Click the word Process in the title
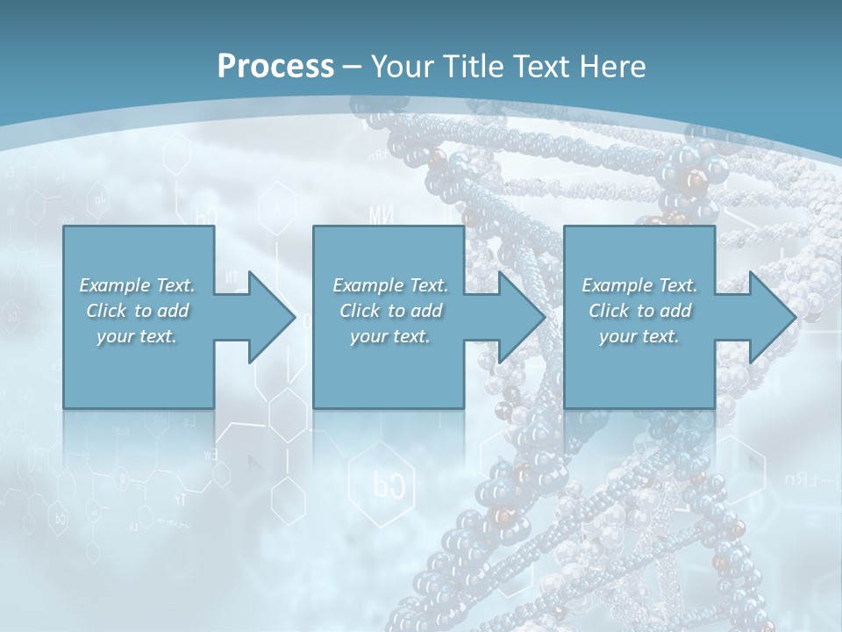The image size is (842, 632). click(275, 67)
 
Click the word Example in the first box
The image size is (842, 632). click(115, 285)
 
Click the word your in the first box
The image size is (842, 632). click(114, 337)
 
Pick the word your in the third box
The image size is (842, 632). click(617, 337)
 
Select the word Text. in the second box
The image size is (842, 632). click(427, 285)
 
